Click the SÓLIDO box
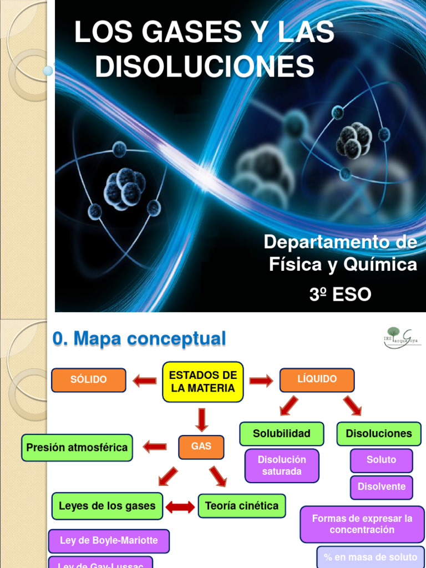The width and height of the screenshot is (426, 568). pos(89,380)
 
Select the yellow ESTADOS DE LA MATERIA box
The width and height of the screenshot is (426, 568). pos(203,382)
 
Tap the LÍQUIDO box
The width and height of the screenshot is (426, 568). pos(317,380)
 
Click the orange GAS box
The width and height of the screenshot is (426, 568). pos(201,447)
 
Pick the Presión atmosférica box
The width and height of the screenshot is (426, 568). pos(77,448)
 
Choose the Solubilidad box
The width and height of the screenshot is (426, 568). pos(281,434)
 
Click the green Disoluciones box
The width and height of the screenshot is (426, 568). pos(379,434)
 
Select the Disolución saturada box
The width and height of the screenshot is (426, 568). pos(282,466)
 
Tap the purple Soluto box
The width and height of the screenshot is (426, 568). pos(382,460)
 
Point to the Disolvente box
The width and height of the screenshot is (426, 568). pos(382,487)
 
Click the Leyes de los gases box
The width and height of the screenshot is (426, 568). pos(107,506)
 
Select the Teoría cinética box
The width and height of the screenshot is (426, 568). pos(242,506)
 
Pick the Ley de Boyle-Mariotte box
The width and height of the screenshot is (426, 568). pos(109,541)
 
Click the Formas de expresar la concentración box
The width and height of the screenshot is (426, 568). pos(362,524)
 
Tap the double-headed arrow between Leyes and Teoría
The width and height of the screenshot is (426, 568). pos(180,506)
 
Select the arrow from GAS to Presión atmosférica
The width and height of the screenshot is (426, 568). pos(155,447)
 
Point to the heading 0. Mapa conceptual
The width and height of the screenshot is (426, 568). pos(139,338)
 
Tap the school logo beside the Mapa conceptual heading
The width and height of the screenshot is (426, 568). pos(401,337)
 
